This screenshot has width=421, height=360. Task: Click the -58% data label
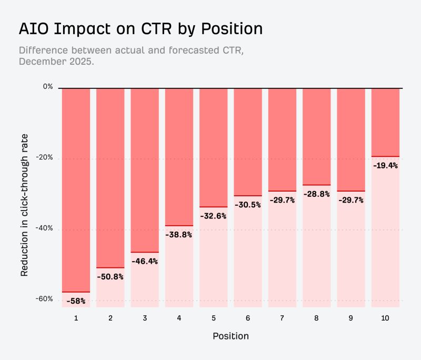point(76,301)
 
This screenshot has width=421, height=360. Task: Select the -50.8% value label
point(111,276)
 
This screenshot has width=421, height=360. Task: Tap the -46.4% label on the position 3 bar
point(145,261)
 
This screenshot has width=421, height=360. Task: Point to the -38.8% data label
point(179,235)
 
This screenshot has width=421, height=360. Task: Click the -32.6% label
point(214,216)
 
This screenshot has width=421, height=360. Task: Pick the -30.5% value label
point(248,205)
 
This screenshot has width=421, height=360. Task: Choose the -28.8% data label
point(317,194)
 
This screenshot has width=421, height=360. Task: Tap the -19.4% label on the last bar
point(385,165)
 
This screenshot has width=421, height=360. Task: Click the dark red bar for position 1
point(76,189)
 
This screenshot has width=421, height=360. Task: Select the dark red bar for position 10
point(385,122)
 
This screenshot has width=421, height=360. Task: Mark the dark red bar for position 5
point(214,147)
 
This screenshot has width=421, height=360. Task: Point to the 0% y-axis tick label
point(48,87)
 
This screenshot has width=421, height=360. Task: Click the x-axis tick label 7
point(282,318)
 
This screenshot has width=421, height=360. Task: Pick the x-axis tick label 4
point(179,318)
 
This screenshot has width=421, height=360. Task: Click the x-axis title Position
point(230,336)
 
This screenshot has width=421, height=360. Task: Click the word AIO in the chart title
point(35,28)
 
